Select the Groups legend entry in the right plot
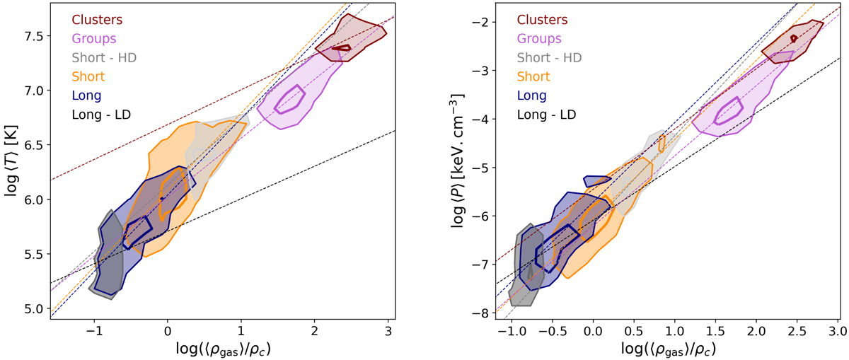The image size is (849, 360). click(x=540, y=38)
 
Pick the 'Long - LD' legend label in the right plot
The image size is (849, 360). click(x=551, y=113)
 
